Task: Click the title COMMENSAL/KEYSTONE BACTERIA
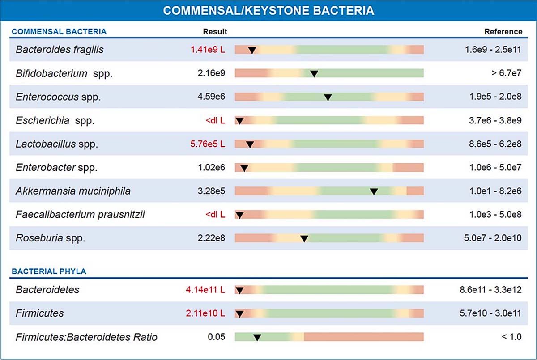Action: [x=268, y=11]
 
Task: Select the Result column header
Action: [x=215, y=32]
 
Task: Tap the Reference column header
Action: [x=503, y=32]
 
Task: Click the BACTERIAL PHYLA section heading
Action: [x=49, y=271]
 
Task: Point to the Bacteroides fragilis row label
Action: [x=60, y=50]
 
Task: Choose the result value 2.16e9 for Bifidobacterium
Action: [x=211, y=73]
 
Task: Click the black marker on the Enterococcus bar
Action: [x=328, y=97]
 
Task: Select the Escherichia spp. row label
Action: [x=55, y=120]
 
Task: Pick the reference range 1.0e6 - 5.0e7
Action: [x=493, y=168]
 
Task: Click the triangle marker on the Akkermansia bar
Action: [x=374, y=191]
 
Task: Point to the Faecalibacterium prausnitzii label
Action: [x=80, y=215]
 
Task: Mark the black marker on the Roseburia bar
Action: [x=304, y=239]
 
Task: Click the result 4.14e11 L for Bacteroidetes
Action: [x=205, y=290]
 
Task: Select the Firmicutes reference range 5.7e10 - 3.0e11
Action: [x=490, y=313]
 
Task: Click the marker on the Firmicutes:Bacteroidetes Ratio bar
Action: [x=257, y=337]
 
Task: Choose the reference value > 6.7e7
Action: [x=506, y=73]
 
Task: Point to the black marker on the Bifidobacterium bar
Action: [x=314, y=73]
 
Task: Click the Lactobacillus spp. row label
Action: [x=56, y=144]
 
